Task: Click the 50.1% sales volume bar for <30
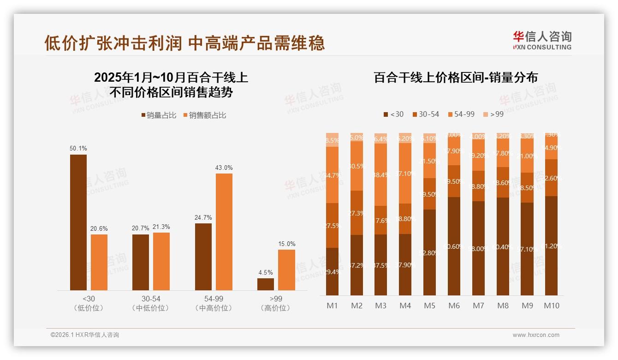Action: [x=78, y=222]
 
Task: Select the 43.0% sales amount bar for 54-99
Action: [x=224, y=232]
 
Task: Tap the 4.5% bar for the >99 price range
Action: [x=266, y=284]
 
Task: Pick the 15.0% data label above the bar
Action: [x=287, y=244]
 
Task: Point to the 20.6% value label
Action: [x=99, y=228]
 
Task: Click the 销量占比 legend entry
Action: [x=158, y=115]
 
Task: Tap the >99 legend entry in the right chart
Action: [x=493, y=114]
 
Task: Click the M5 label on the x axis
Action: [x=430, y=306]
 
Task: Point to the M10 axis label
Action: [x=552, y=306]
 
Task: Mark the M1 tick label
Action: [x=332, y=306]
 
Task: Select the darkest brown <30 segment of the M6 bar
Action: [x=454, y=246]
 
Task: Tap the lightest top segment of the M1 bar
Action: [x=332, y=140]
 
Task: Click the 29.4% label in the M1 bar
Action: [x=332, y=272]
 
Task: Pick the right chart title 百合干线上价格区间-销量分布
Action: [x=455, y=78]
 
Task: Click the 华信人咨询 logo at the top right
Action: [x=542, y=40]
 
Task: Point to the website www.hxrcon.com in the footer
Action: [x=536, y=335]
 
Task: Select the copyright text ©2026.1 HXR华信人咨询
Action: [x=85, y=335]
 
